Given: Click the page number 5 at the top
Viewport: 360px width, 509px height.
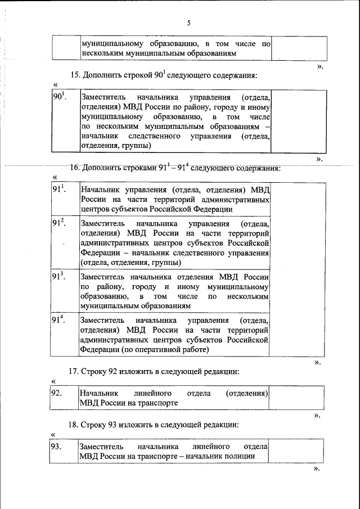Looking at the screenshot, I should click(x=189, y=23).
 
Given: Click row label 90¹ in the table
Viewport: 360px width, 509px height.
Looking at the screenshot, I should click(x=60, y=97).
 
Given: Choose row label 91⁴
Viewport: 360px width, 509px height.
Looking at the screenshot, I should click(x=60, y=319).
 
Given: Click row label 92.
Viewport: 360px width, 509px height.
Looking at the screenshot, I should click(x=56, y=393).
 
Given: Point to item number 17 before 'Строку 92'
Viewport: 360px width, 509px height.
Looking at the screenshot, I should click(x=74, y=371).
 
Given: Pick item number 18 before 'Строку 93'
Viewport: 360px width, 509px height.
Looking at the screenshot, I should click(x=74, y=424).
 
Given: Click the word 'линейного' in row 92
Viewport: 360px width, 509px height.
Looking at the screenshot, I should click(x=153, y=393).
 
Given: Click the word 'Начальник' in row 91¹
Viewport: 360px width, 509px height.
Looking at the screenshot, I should click(x=100, y=189).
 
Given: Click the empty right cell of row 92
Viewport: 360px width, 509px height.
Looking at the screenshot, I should click(x=296, y=398).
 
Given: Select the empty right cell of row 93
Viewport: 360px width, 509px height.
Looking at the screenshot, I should click(x=296, y=451).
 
